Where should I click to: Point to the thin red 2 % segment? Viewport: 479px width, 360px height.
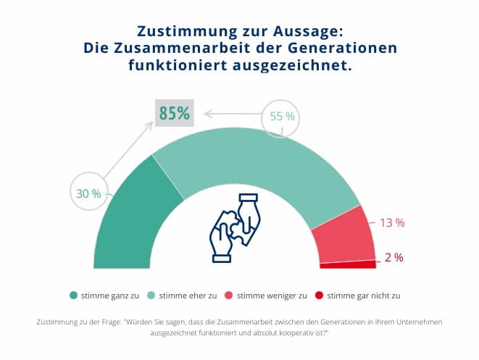tap(348, 264)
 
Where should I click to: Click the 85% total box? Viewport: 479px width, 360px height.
tap(174, 113)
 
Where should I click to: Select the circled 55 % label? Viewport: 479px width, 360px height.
tap(282, 117)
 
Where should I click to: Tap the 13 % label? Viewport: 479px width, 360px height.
tap(392, 222)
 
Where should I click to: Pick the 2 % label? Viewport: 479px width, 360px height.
tap(394, 257)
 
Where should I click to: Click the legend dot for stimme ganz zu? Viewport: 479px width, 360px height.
tap(73, 295)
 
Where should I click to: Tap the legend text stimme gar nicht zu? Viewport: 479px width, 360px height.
tap(364, 295)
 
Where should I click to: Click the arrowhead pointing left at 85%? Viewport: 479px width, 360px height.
tap(207, 113)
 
